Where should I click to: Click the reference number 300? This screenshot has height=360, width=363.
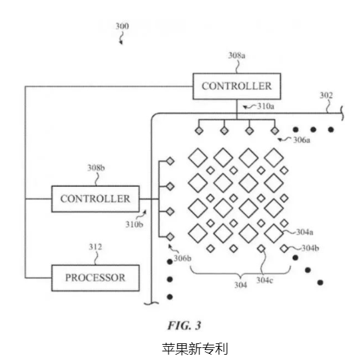coord(123,26)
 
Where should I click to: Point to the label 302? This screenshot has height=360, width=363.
coord(326,95)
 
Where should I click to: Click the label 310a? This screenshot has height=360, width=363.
coord(266,106)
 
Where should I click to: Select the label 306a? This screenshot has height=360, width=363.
coord(302,140)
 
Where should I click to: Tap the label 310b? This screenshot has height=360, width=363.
coord(135,224)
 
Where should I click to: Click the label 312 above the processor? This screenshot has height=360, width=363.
coord(95,247)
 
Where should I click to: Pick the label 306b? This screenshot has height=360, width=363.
coord(182,258)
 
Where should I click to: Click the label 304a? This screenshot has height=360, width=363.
coord(304,232)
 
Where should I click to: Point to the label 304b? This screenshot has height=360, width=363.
coord(310,248)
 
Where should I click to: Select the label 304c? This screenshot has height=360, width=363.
coord(264,280)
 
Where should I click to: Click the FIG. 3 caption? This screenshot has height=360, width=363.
coord(184,325)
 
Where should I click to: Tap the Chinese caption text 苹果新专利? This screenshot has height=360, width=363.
coord(195,349)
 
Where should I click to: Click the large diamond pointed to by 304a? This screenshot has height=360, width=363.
coord(274,233)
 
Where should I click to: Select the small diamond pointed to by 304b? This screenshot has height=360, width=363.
coord(284,248)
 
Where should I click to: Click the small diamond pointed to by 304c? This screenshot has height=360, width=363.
coord(261,248)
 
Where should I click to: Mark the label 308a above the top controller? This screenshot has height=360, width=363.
coord(236,55)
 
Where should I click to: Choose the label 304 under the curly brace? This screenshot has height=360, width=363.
coord(240,285)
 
